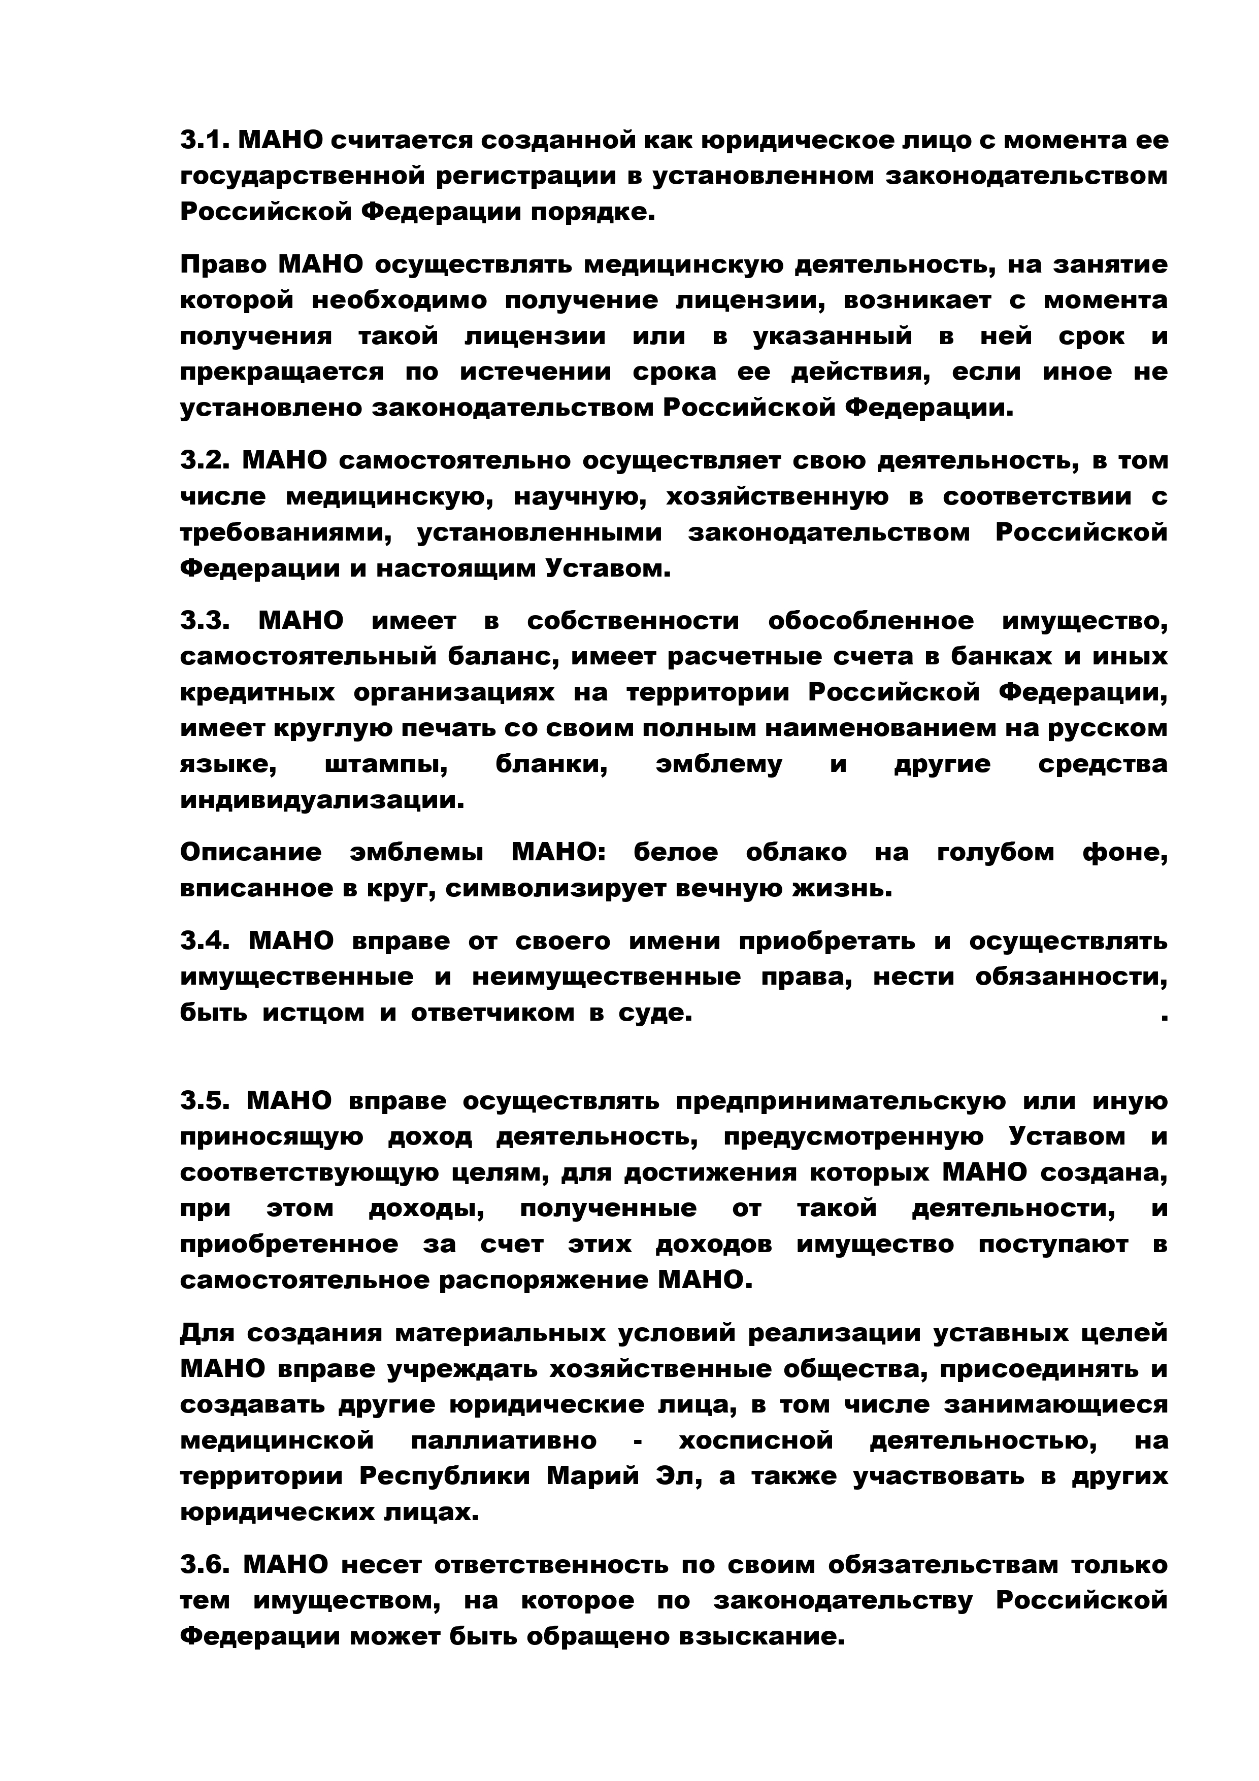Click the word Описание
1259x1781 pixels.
point(251,853)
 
